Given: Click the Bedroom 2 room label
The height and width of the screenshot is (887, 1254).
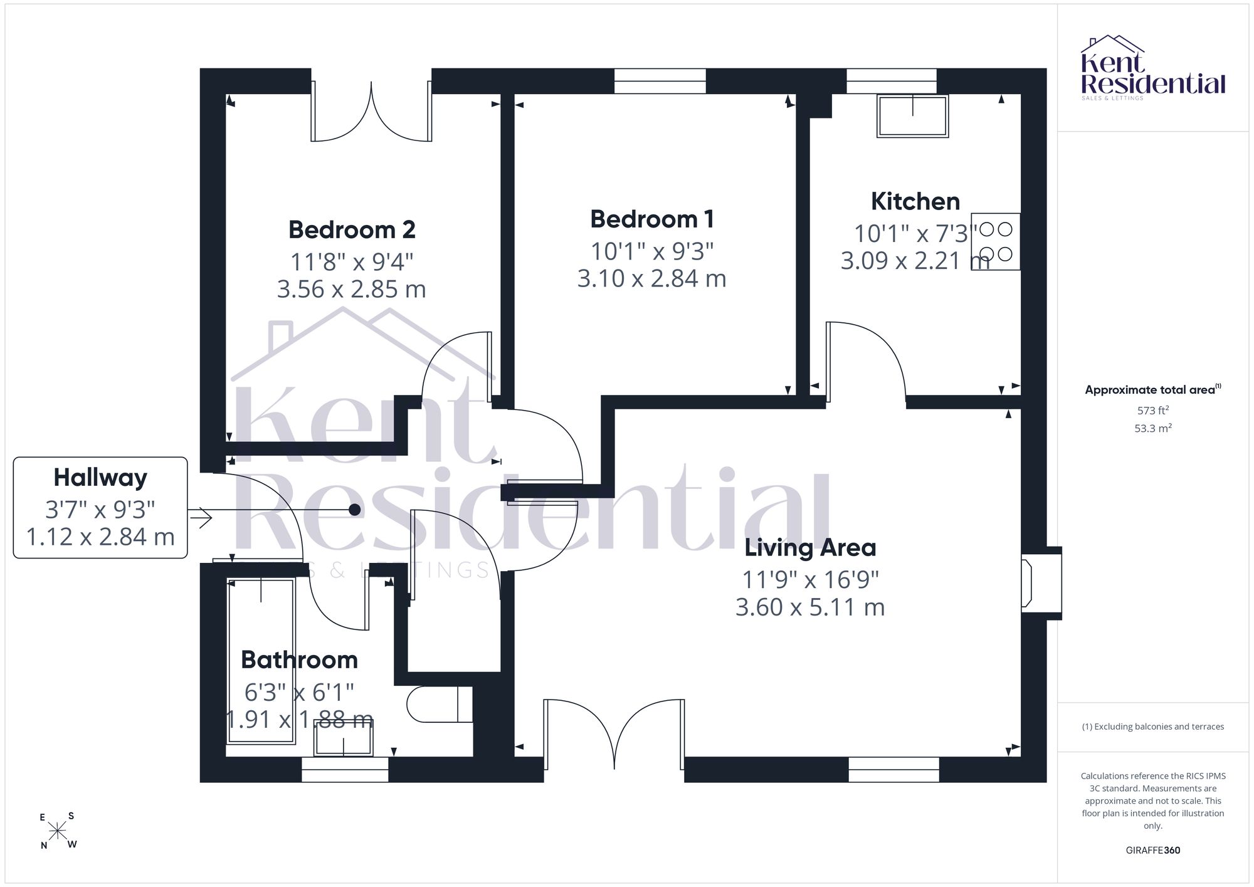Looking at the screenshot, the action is (x=352, y=229).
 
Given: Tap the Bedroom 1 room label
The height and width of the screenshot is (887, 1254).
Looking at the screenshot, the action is (x=652, y=219).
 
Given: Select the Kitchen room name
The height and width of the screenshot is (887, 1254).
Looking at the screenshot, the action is (x=915, y=201).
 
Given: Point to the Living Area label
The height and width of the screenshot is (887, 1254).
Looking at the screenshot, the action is (x=810, y=547).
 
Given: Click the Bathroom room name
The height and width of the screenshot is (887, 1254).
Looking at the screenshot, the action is (x=299, y=659).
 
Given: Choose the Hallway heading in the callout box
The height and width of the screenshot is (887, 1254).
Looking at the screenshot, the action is (x=100, y=478).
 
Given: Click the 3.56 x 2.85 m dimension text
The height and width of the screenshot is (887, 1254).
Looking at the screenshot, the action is (x=352, y=289).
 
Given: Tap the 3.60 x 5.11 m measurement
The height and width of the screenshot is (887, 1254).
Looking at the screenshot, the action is (x=810, y=607).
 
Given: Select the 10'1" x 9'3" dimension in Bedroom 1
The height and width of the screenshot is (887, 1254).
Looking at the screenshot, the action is (x=652, y=251).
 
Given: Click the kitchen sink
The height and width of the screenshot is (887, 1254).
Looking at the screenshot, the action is (x=913, y=116).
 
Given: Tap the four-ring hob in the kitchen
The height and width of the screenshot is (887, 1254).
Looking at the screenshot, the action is (x=996, y=242).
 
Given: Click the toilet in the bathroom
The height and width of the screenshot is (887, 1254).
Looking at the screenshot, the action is (x=439, y=704).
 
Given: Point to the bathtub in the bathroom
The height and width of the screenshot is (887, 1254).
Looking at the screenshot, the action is (x=261, y=661).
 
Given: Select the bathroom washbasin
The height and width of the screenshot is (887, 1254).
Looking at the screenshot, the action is (x=344, y=737).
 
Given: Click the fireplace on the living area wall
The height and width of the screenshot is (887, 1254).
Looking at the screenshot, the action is (x=1041, y=584).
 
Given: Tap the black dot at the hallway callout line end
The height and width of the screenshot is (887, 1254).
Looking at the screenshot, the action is (x=354, y=510).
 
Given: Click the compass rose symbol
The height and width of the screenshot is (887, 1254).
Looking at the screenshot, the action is (x=58, y=831).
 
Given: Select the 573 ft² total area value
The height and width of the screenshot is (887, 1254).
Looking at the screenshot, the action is (x=1153, y=411).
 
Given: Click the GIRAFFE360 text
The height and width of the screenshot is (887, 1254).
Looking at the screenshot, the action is (x=1153, y=851).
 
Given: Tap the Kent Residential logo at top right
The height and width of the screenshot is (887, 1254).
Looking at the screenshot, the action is (x=1153, y=68).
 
